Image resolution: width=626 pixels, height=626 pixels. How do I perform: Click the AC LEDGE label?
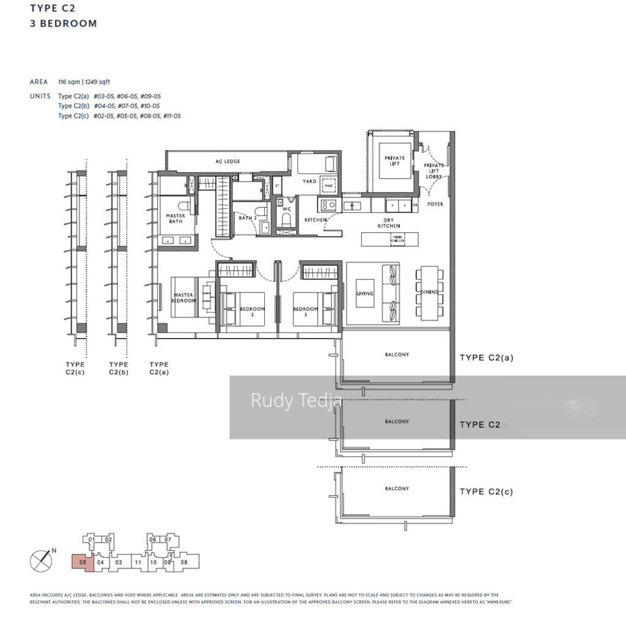tap(227, 161)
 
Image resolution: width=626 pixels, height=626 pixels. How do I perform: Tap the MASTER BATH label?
tap(175, 218)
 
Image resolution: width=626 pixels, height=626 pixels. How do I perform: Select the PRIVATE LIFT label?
tap(394, 161)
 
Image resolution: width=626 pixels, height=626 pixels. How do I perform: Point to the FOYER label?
tap(435, 204)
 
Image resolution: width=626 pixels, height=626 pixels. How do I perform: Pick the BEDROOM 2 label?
tap(252, 312)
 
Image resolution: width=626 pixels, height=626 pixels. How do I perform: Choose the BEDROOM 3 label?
tap(306, 312)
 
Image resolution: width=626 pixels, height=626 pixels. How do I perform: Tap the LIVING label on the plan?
tap(365, 294)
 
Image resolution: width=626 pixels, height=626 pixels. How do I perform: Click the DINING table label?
tap(430, 292)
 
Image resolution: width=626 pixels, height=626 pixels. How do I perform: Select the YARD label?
tap(309, 182)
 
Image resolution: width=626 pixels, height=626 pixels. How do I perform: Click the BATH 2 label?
tap(246, 218)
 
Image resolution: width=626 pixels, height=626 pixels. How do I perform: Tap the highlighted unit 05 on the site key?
tap(83, 562)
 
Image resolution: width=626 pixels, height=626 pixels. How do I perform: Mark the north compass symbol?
tap(42, 561)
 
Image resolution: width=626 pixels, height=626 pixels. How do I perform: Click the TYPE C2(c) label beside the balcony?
tap(486, 492)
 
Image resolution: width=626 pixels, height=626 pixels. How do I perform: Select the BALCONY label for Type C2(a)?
tap(397, 355)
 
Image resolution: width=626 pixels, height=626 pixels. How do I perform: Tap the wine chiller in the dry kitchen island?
tap(397, 239)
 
